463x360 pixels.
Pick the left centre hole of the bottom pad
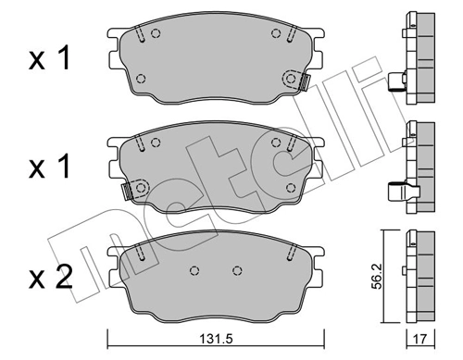pyautogui.click(x=193, y=270)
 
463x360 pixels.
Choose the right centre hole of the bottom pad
pyautogui.click(x=236, y=270)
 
